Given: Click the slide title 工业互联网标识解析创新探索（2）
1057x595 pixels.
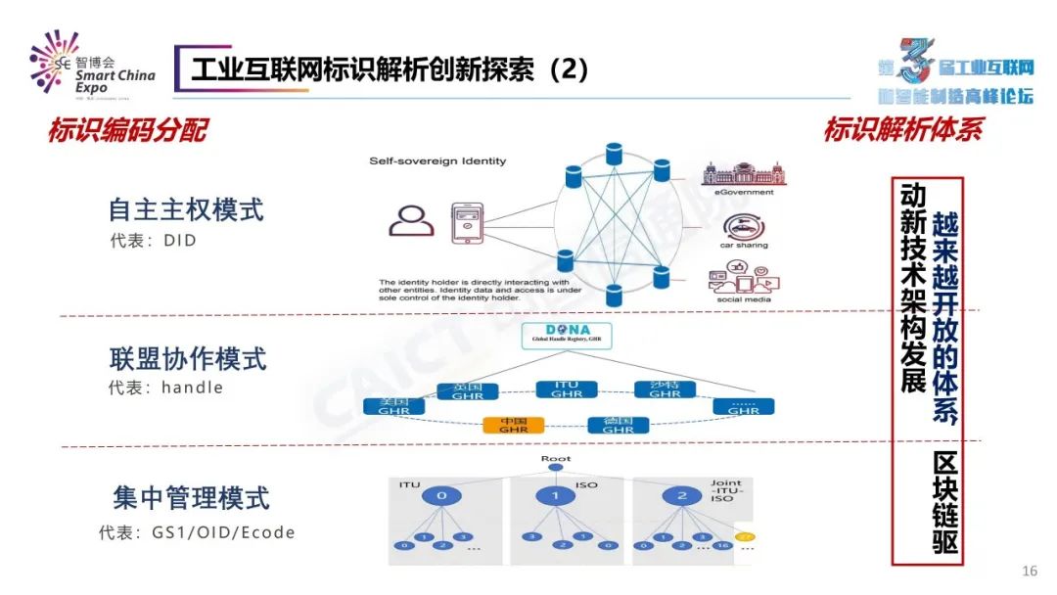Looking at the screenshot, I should click(x=390, y=69).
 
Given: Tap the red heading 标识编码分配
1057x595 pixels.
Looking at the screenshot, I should click(x=127, y=131).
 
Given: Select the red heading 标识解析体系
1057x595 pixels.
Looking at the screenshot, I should click(x=902, y=129).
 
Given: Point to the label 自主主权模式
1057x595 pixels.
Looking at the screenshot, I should click(x=186, y=209).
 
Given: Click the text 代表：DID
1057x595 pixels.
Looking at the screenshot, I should click(x=153, y=240).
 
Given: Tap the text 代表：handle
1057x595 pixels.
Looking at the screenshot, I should click(x=165, y=388).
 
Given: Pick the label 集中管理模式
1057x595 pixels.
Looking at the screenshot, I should click(x=190, y=498).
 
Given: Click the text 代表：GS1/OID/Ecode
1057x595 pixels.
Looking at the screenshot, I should click(x=197, y=533).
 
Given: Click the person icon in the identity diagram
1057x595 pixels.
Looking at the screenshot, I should click(x=411, y=221).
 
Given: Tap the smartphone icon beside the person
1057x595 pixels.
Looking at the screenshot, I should click(x=468, y=222).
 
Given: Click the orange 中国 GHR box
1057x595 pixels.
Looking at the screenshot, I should click(x=513, y=425).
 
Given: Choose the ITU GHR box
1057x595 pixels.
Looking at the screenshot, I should click(x=567, y=389).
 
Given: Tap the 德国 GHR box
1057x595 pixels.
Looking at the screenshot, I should click(x=618, y=425).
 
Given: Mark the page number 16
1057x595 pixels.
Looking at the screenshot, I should click(x=1029, y=571).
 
